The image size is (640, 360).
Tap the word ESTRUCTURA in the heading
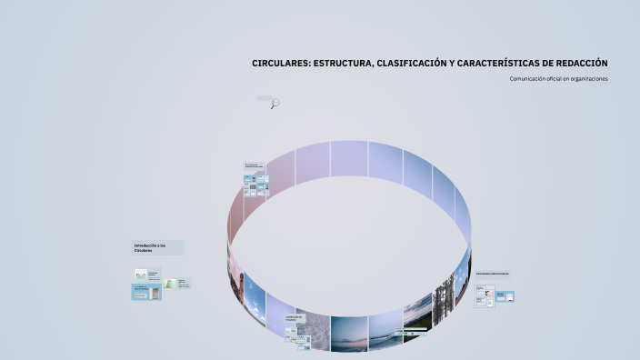(x=345, y=64)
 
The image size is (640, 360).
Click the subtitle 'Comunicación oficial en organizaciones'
(x=558, y=79)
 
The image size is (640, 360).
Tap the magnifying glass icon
(x=275, y=104)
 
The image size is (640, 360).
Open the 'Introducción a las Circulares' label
(x=157, y=247)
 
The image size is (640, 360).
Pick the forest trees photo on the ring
(x=445, y=300)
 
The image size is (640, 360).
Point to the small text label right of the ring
(x=492, y=273)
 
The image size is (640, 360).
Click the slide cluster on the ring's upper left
(x=255, y=185)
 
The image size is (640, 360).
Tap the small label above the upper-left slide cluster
(x=255, y=165)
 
